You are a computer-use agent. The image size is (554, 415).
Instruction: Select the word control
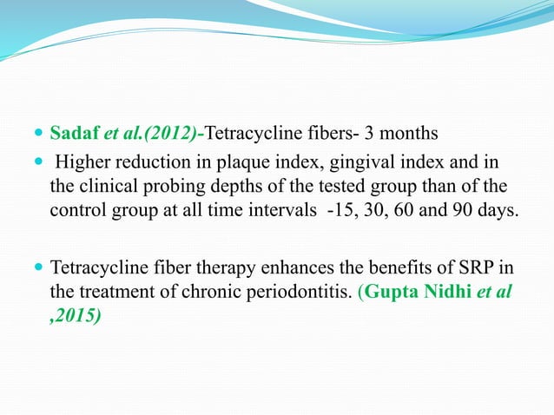[79, 212]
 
